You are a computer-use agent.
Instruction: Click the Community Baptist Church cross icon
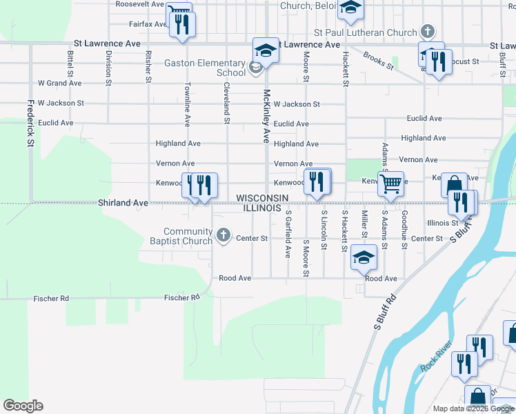[x=223, y=236]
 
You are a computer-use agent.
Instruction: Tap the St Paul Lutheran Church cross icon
[x=428, y=32]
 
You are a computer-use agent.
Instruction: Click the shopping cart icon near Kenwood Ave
[x=391, y=183]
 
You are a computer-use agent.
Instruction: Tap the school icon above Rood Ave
[x=364, y=257]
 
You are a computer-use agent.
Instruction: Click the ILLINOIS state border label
[x=259, y=208]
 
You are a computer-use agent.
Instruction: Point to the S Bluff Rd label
[x=386, y=312]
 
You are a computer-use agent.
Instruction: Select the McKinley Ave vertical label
[x=266, y=116]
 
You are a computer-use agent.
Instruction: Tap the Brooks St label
[x=378, y=62]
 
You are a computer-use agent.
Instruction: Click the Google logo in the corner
[x=23, y=406]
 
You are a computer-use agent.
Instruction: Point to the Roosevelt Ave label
[x=139, y=4]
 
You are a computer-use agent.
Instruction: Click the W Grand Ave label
[x=60, y=83]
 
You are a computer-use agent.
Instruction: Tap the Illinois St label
[x=443, y=223]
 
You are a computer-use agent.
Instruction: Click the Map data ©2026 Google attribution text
[x=473, y=408]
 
